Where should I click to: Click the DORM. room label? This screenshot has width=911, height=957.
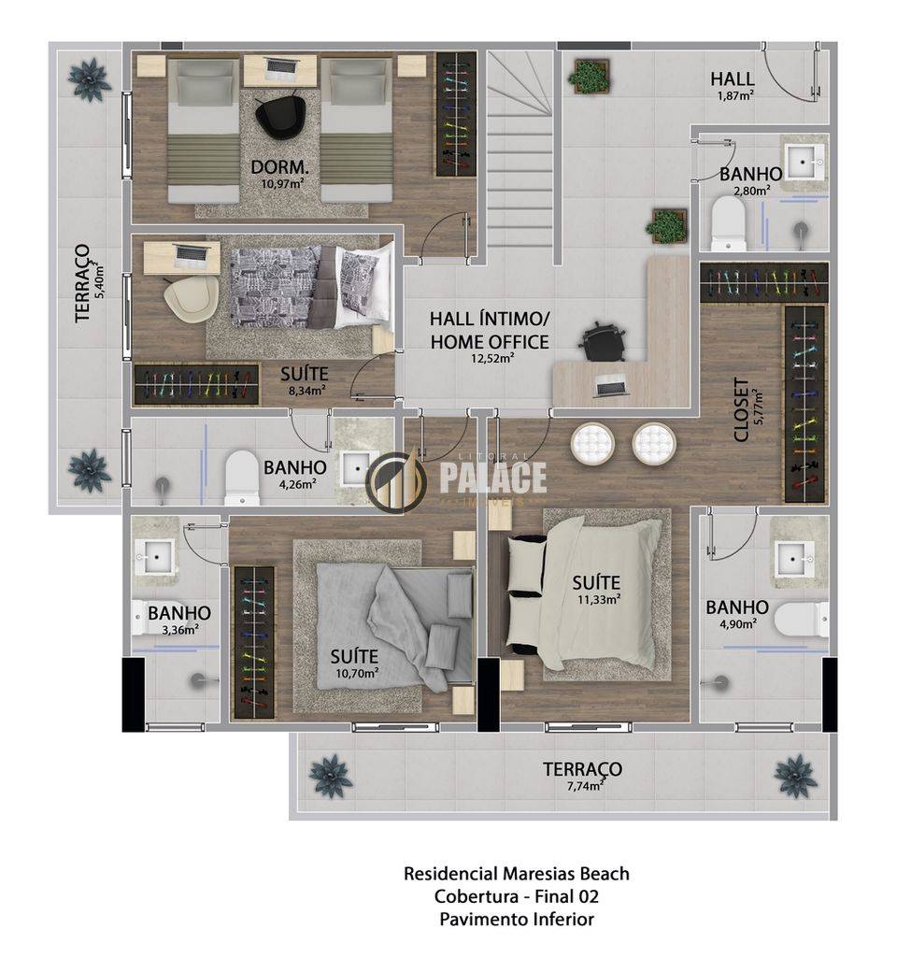coord(279,166)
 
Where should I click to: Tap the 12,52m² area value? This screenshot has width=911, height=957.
coord(491,358)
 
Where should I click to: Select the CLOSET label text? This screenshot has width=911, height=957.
coord(741,409)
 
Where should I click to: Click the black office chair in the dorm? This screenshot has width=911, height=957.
coord(278,113)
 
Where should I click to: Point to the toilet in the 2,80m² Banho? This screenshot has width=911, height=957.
coord(729,223)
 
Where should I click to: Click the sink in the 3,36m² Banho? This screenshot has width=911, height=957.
coord(157,556)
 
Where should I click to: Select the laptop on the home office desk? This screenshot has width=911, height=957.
coord(612,385)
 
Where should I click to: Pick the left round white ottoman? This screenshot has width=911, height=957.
coord(591,442)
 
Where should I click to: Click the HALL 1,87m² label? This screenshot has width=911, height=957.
coord(733,85)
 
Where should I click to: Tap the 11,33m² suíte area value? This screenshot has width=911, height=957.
coord(599,599)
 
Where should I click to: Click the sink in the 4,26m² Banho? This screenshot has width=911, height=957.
coord(354,468)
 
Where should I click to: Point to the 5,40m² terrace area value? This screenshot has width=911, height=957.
coord(99,279)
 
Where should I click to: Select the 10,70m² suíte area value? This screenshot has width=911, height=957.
coord(357,673)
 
